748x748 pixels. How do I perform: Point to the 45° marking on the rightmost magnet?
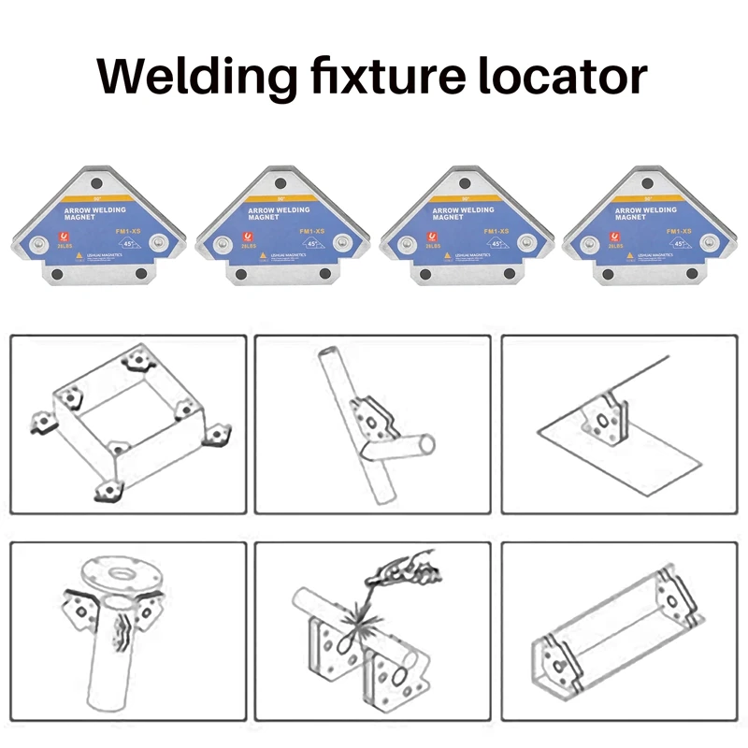(x=681, y=243)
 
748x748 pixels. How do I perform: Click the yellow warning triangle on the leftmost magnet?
(x=110, y=255)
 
